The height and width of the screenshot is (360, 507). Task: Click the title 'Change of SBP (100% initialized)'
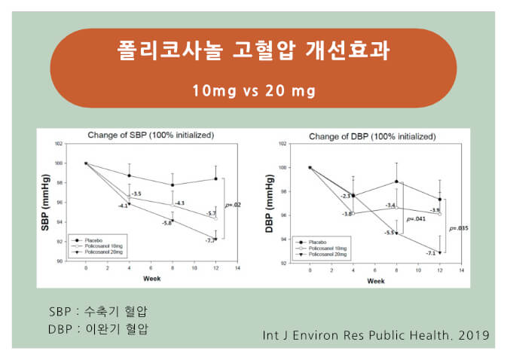(151, 135)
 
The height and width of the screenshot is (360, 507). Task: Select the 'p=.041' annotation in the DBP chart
(417, 219)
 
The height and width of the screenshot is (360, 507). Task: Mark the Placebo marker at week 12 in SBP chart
(216, 178)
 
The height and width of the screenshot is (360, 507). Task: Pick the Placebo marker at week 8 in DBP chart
(396, 181)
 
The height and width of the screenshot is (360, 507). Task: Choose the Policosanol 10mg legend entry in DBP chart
(325, 246)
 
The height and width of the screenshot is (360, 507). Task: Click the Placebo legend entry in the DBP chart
(319, 241)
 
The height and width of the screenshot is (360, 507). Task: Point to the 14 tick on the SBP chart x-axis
(238, 268)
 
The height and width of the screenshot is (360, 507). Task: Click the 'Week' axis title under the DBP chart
(375, 281)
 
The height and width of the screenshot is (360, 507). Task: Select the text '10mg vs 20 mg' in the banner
(253, 91)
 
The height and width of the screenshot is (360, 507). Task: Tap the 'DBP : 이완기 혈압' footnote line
(99, 329)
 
